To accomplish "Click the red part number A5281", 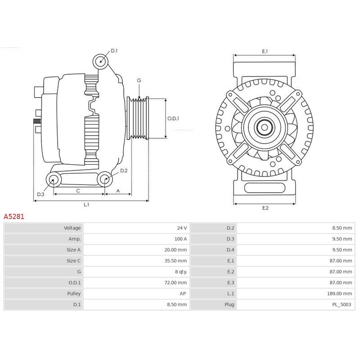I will tap(14, 216).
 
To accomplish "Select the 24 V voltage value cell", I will tap(181, 228).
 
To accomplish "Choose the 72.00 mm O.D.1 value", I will tap(175, 283).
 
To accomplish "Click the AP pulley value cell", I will tap(183, 293).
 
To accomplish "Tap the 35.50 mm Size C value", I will tap(175, 261).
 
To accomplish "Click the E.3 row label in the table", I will tap(230, 283).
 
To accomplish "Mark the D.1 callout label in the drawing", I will tap(113, 51).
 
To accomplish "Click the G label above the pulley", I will tap(139, 81).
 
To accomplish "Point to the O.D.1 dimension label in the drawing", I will tap(173, 119).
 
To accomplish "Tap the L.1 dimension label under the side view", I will tap(86, 205).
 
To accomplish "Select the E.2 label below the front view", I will tap(265, 207).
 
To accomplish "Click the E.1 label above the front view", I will tap(265, 51).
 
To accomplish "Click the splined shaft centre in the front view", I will tap(265, 128).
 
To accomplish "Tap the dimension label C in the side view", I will tap(78, 191).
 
